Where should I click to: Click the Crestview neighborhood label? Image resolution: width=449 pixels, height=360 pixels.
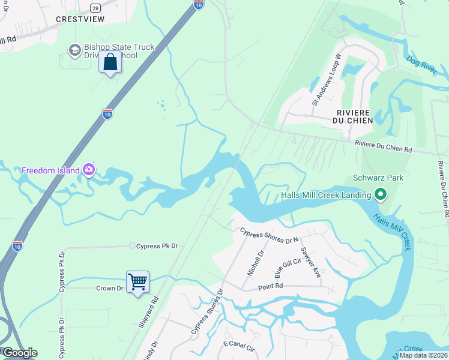(x=80, y=19)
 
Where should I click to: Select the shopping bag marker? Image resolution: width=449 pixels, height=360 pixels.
(x=111, y=61)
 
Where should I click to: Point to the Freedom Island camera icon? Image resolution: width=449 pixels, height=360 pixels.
(x=89, y=170)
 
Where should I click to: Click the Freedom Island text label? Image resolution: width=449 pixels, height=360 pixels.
(x=50, y=170)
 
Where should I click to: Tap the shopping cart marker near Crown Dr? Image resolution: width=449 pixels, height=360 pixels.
(x=137, y=281)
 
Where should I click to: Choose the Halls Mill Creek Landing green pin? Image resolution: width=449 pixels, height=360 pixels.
(x=379, y=194)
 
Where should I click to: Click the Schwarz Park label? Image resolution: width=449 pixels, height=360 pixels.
(x=378, y=178)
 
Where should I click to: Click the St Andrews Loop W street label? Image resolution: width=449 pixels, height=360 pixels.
(x=326, y=80)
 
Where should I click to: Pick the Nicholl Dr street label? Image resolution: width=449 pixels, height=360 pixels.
(x=256, y=263)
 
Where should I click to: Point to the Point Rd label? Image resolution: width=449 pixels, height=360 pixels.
(x=271, y=286)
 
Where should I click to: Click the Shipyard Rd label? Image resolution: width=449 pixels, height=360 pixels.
(x=148, y=312)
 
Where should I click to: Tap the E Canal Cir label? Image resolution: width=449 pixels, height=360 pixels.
(x=240, y=344)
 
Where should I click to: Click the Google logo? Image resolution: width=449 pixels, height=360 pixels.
(x=20, y=353)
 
